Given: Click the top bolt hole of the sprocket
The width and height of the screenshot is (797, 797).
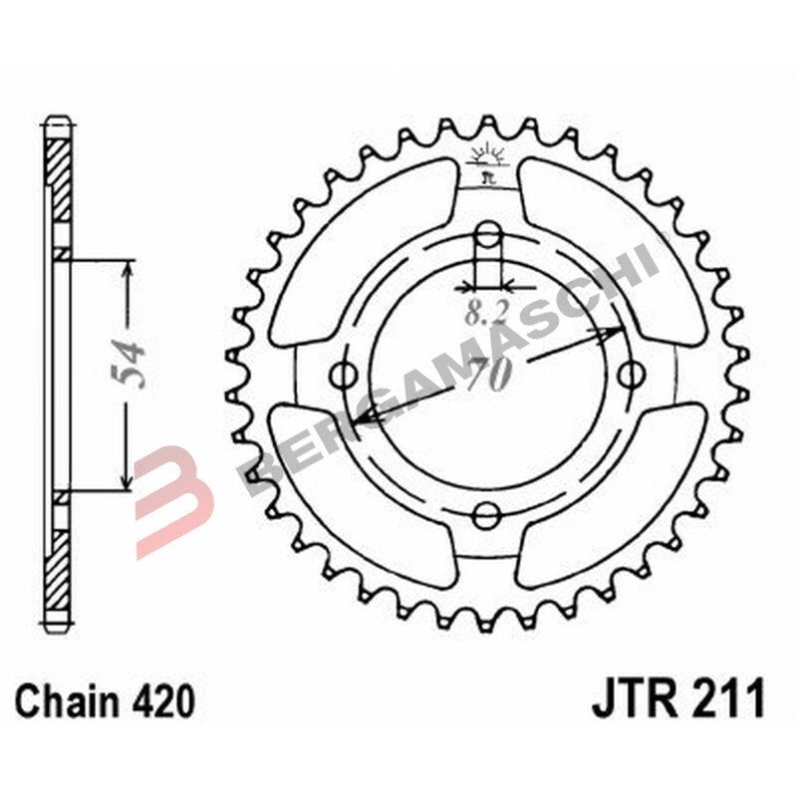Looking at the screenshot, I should point(487,236).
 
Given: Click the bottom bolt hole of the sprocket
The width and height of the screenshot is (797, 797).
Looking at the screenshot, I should point(487,515).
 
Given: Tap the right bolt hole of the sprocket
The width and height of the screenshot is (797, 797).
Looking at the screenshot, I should point(629,376).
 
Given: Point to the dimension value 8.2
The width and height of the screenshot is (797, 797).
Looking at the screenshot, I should point(484,315).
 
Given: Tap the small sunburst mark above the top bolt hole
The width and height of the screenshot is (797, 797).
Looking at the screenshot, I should point(487,157).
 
